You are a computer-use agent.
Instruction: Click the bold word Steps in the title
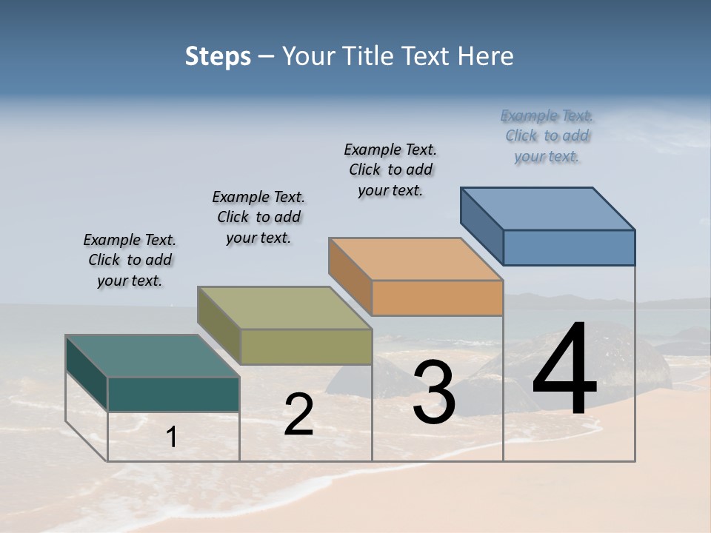point(218,56)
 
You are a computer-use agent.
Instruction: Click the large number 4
point(564,370)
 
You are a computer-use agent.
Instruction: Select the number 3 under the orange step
point(434,392)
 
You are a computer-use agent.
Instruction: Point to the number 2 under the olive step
point(298,415)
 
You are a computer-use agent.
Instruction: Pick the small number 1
point(172,438)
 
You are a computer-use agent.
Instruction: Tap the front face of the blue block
point(569,247)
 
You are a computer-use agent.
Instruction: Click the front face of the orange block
point(437,298)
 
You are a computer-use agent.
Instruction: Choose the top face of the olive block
point(284,307)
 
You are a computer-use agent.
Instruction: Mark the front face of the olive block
point(306,346)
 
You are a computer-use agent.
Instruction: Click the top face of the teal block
point(153,355)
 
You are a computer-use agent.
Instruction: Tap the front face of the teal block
point(173,394)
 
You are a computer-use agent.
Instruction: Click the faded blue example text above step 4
point(547,135)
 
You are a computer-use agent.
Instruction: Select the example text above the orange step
point(390,170)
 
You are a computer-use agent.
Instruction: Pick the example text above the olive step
point(258,217)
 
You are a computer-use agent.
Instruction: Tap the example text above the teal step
point(130,260)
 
